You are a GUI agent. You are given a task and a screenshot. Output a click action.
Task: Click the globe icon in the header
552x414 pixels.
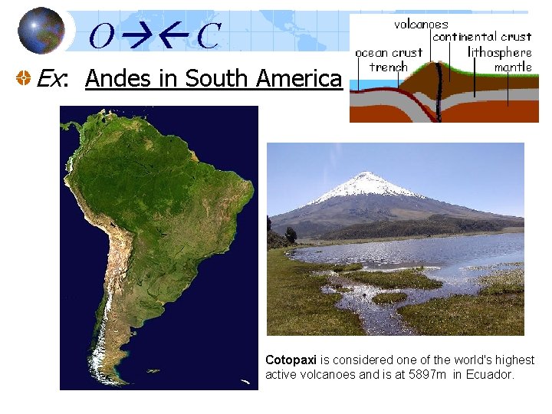point(41,31)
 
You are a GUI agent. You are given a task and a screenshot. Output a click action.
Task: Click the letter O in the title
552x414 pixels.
point(103,35)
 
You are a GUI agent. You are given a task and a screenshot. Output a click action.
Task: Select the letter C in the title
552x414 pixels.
point(208,35)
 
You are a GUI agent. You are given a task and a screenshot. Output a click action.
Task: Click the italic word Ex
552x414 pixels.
point(51,78)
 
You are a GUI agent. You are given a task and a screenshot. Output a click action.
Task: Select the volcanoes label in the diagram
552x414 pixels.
point(421,24)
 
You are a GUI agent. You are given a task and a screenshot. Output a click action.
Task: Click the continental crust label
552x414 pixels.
point(481,36)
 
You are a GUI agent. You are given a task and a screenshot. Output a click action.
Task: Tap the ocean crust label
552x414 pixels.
point(389,52)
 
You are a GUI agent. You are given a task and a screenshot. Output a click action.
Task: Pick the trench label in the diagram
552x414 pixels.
point(388,67)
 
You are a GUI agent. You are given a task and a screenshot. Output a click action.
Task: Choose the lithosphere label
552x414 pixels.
point(500,52)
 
